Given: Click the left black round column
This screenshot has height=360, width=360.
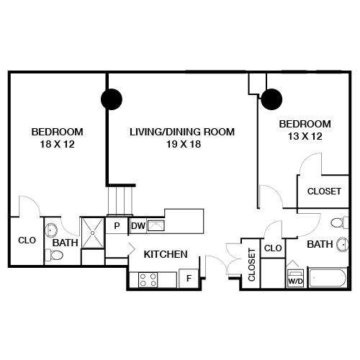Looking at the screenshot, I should [111, 98].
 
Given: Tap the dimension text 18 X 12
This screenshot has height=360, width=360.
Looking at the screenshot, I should [58, 144].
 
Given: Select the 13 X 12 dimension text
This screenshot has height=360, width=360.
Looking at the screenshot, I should [305, 135].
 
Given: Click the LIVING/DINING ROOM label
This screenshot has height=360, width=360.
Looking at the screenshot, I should [182, 132].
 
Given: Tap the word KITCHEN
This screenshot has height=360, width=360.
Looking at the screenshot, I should [166, 254].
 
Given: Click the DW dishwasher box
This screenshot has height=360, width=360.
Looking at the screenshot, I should [138, 226].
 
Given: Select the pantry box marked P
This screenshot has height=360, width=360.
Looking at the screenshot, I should [117, 226].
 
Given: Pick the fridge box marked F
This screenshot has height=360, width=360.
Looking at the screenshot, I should [189, 278].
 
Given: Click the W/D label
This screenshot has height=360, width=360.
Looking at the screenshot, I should [295, 282].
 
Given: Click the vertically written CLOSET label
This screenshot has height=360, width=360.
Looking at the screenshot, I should [251, 264].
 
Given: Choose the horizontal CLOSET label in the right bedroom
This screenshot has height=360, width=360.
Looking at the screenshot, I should [324, 192].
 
